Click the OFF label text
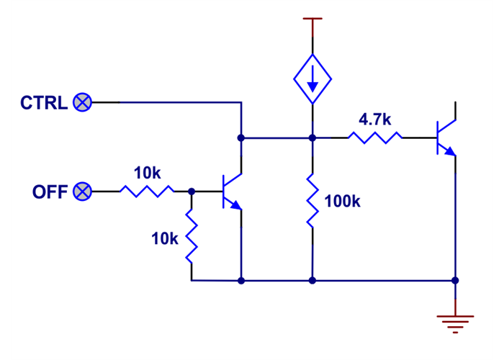coord(50,192)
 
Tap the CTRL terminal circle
coord(83,103)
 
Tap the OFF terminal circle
coord(84,192)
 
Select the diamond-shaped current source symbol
coord(312,77)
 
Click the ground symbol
coord(455,322)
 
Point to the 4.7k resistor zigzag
coord(374,137)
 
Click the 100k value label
coord(342,202)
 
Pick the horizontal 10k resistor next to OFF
coord(147,192)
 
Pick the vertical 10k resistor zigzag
coord(192,236)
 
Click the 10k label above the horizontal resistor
coord(147,174)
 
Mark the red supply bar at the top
coord(312,20)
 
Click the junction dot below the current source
coord(312,137)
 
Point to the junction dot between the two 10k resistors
coord(192,192)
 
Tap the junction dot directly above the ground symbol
coord(455,280)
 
